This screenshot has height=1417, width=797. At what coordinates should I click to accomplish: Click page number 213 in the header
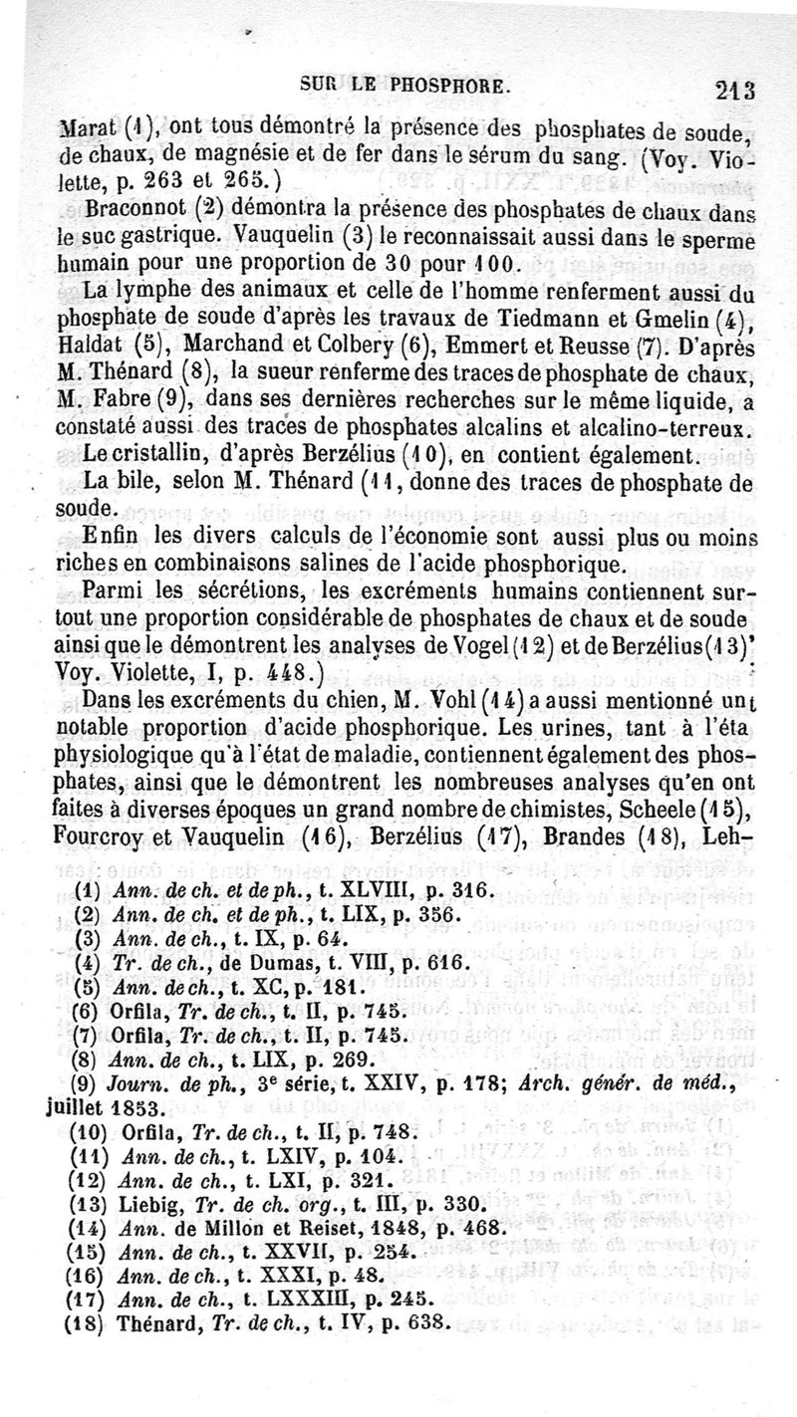coord(735,91)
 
